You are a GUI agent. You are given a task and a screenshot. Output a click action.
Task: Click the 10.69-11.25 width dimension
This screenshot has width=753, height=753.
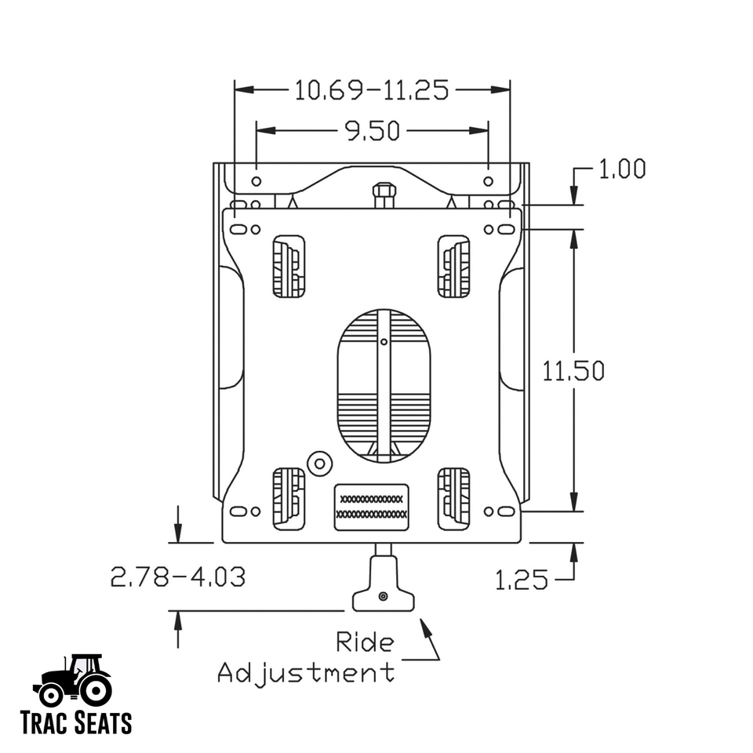[x=372, y=90]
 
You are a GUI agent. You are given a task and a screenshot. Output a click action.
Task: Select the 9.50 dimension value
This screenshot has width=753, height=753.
[x=373, y=131]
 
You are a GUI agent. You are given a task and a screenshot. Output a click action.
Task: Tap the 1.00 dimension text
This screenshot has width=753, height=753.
[x=621, y=169]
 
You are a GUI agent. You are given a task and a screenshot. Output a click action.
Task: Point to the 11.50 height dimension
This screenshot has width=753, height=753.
[x=573, y=370]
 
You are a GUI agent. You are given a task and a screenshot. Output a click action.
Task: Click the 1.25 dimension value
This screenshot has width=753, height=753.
[x=522, y=580]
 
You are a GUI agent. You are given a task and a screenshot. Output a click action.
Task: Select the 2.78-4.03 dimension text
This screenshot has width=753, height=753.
[x=178, y=577]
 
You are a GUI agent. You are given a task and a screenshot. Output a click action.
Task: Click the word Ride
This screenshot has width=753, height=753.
[x=365, y=642]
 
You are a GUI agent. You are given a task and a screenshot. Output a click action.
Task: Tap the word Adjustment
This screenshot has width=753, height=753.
[x=306, y=672]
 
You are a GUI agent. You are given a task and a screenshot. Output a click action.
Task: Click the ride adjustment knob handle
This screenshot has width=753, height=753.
[x=383, y=598]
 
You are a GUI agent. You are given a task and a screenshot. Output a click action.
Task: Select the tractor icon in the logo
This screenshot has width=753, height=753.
[x=73, y=681]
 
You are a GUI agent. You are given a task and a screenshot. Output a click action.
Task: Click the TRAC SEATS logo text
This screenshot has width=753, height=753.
[x=76, y=722]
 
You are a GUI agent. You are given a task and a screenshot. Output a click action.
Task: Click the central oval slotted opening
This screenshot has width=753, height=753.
[x=384, y=384]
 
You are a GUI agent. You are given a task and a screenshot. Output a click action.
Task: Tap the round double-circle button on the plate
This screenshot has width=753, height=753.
[x=318, y=463]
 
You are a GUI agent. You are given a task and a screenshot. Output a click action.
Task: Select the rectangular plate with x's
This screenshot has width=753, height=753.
[x=371, y=507]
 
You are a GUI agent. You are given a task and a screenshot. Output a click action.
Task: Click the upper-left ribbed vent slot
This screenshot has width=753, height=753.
[x=289, y=267]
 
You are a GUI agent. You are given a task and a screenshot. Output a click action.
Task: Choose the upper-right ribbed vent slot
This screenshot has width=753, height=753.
[x=453, y=267]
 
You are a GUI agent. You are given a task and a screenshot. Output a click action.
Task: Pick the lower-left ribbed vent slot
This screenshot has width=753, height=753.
[x=289, y=497]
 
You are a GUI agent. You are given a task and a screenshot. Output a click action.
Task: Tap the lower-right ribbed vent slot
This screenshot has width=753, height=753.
[x=453, y=497]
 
